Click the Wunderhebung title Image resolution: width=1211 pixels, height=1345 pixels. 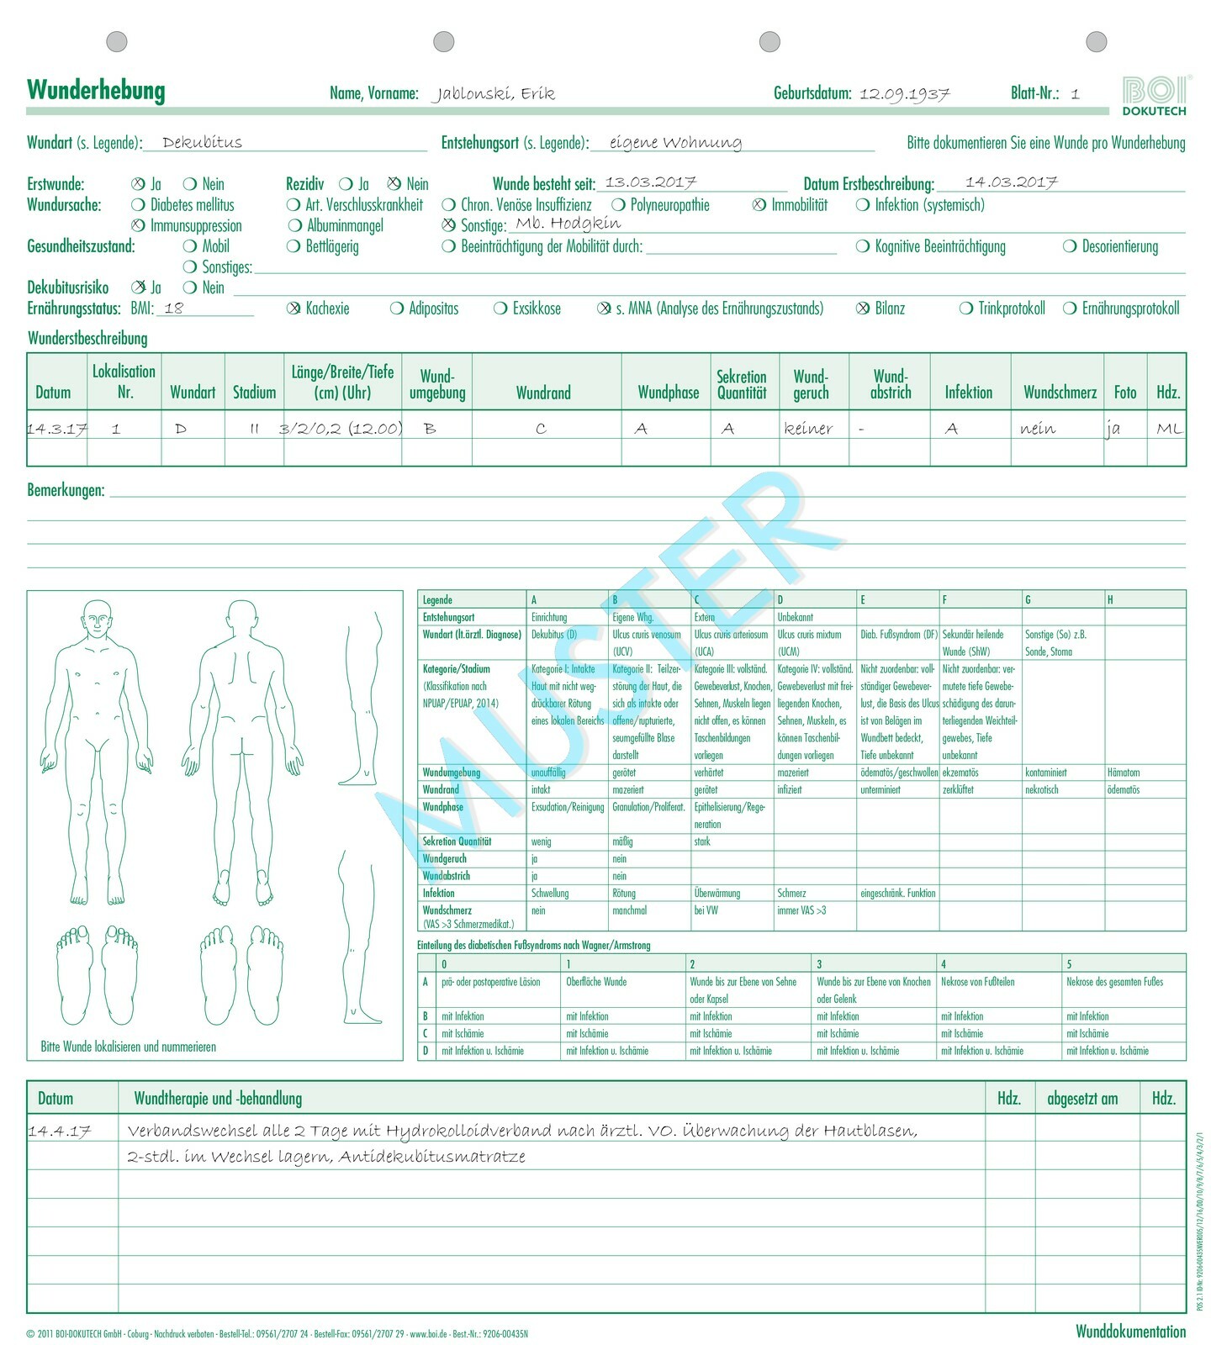tap(96, 90)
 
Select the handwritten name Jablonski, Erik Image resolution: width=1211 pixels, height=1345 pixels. tap(494, 93)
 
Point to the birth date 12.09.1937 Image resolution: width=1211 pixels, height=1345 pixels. tap(904, 93)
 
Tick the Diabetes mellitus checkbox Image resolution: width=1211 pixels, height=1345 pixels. tap(139, 205)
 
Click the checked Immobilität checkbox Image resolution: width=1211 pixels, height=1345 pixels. tap(759, 205)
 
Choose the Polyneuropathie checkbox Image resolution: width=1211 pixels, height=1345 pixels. tap(618, 205)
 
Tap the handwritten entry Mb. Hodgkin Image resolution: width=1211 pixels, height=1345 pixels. tap(568, 224)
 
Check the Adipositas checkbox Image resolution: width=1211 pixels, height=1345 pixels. tap(397, 309)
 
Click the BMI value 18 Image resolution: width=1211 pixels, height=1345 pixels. tap(174, 309)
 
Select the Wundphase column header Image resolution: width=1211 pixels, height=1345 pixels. tap(669, 392)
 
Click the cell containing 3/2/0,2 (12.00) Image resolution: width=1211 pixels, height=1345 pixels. tap(341, 429)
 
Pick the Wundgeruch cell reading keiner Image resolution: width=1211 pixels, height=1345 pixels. tap(808, 429)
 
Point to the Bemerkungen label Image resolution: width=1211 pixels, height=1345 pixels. tap(66, 490)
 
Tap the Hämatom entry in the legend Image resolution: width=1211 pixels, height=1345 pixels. tap(1124, 773)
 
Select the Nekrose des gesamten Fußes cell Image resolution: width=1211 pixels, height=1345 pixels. tap(1114, 982)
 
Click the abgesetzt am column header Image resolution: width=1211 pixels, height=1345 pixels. tap(1082, 1098)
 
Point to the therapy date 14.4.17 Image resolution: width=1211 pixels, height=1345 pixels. tap(59, 1131)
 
